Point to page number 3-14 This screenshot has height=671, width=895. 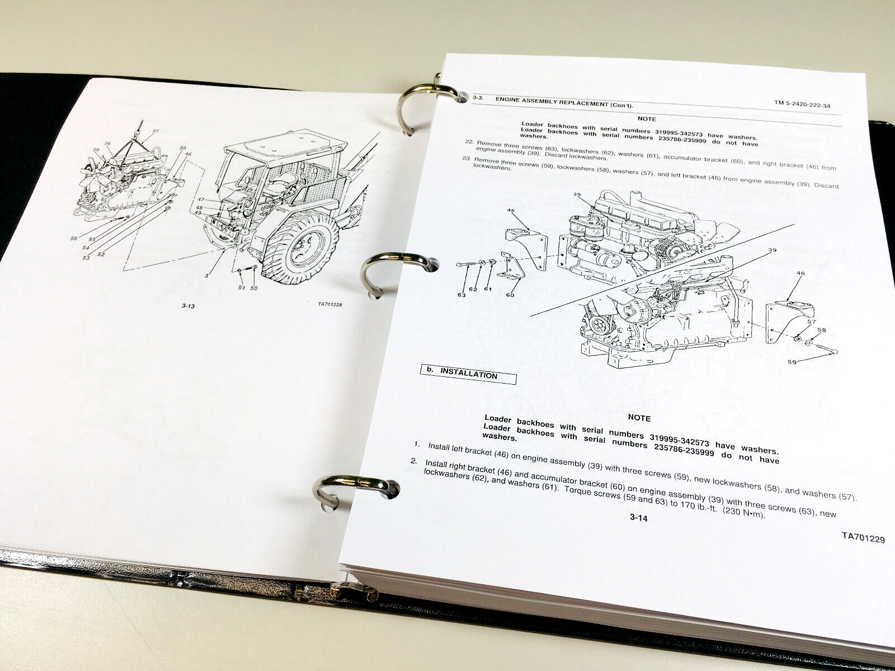tap(638, 518)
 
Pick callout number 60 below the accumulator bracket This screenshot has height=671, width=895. tap(510, 295)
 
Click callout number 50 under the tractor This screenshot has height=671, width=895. tap(255, 289)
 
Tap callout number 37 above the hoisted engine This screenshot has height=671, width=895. tap(139, 132)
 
